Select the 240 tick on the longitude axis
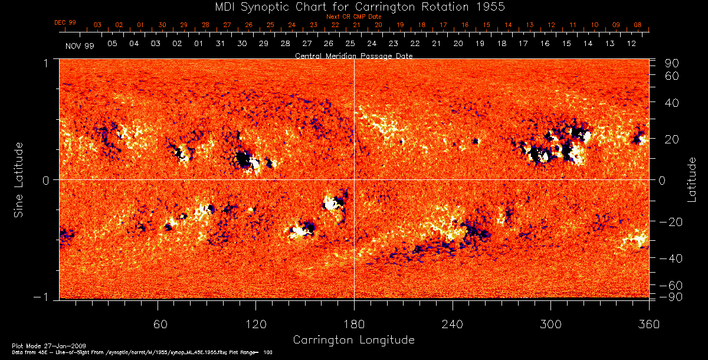(453, 325)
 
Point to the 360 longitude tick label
(648, 325)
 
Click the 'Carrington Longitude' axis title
(353, 340)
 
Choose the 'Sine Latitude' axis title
(19, 179)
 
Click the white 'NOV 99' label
(79, 45)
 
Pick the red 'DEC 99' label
(65, 22)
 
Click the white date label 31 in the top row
(220, 44)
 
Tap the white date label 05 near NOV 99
(112, 44)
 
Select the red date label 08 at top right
(638, 25)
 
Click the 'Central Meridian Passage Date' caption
(353, 55)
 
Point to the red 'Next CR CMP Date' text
(353, 17)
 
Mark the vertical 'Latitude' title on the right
(691, 179)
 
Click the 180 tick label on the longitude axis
(354, 325)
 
